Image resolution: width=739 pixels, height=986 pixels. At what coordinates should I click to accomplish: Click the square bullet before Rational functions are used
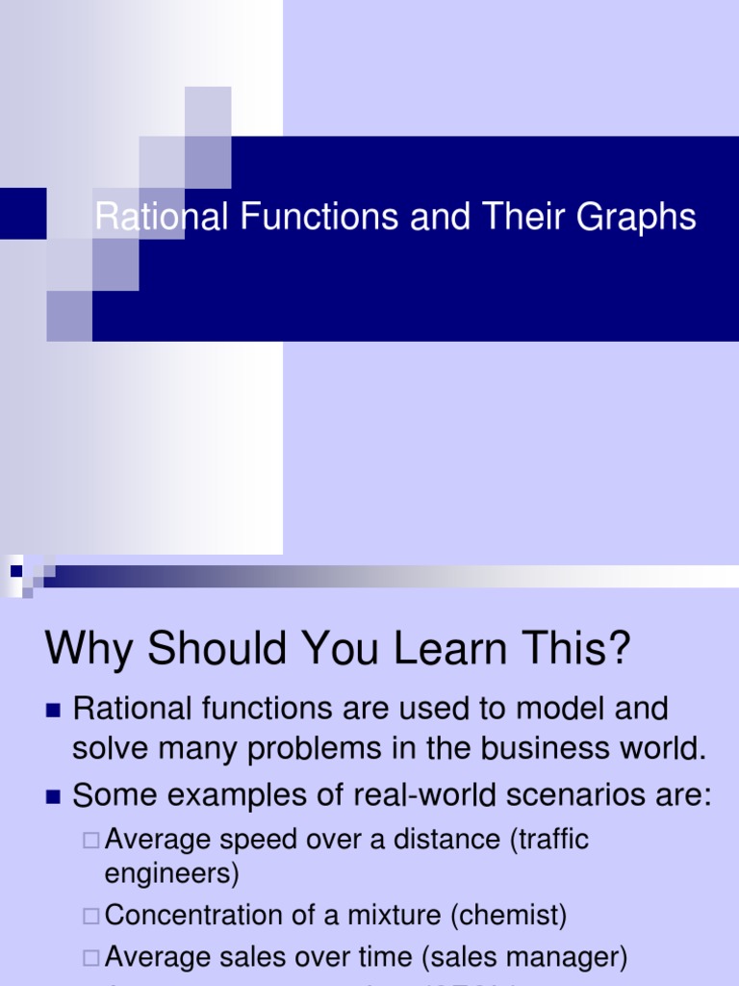53,712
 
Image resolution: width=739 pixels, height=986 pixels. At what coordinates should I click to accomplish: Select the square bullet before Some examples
53,796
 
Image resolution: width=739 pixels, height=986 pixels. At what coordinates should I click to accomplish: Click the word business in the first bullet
519,748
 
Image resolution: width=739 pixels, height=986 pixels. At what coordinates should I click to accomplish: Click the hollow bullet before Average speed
90,841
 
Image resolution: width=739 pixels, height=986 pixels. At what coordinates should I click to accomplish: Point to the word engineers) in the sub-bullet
171,874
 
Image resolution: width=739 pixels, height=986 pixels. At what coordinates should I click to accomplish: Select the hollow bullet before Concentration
90,916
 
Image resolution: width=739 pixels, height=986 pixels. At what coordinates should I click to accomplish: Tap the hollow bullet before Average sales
90,958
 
